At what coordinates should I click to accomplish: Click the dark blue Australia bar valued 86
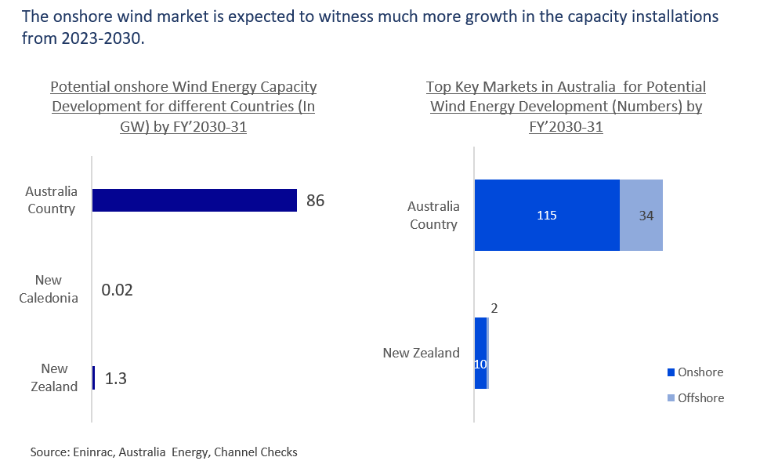click(194, 200)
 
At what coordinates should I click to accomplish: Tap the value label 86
click(315, 201)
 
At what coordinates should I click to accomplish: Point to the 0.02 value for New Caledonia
click(118, 290)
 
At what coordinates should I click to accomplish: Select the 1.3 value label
click(115, 379)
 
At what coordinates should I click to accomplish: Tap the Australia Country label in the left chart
click(51, 200)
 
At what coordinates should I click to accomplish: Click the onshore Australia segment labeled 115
click(547, 215)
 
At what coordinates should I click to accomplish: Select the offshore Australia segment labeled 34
click(642, 215)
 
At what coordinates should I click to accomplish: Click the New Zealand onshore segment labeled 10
click(480, 364)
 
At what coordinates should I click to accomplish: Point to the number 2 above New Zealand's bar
click(494, 308)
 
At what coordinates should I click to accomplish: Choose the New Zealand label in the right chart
click(421, 353)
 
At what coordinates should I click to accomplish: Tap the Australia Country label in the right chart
click(432, 215)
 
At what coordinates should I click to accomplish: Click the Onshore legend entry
click(695, 372)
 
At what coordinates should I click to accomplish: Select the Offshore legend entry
click(695, 397)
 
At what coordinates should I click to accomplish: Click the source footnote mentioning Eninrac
click(164, 452)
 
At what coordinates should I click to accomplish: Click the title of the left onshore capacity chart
click(184, 107)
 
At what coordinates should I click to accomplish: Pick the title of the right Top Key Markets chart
click(566, 107)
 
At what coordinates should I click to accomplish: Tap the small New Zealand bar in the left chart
click(93, 379)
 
